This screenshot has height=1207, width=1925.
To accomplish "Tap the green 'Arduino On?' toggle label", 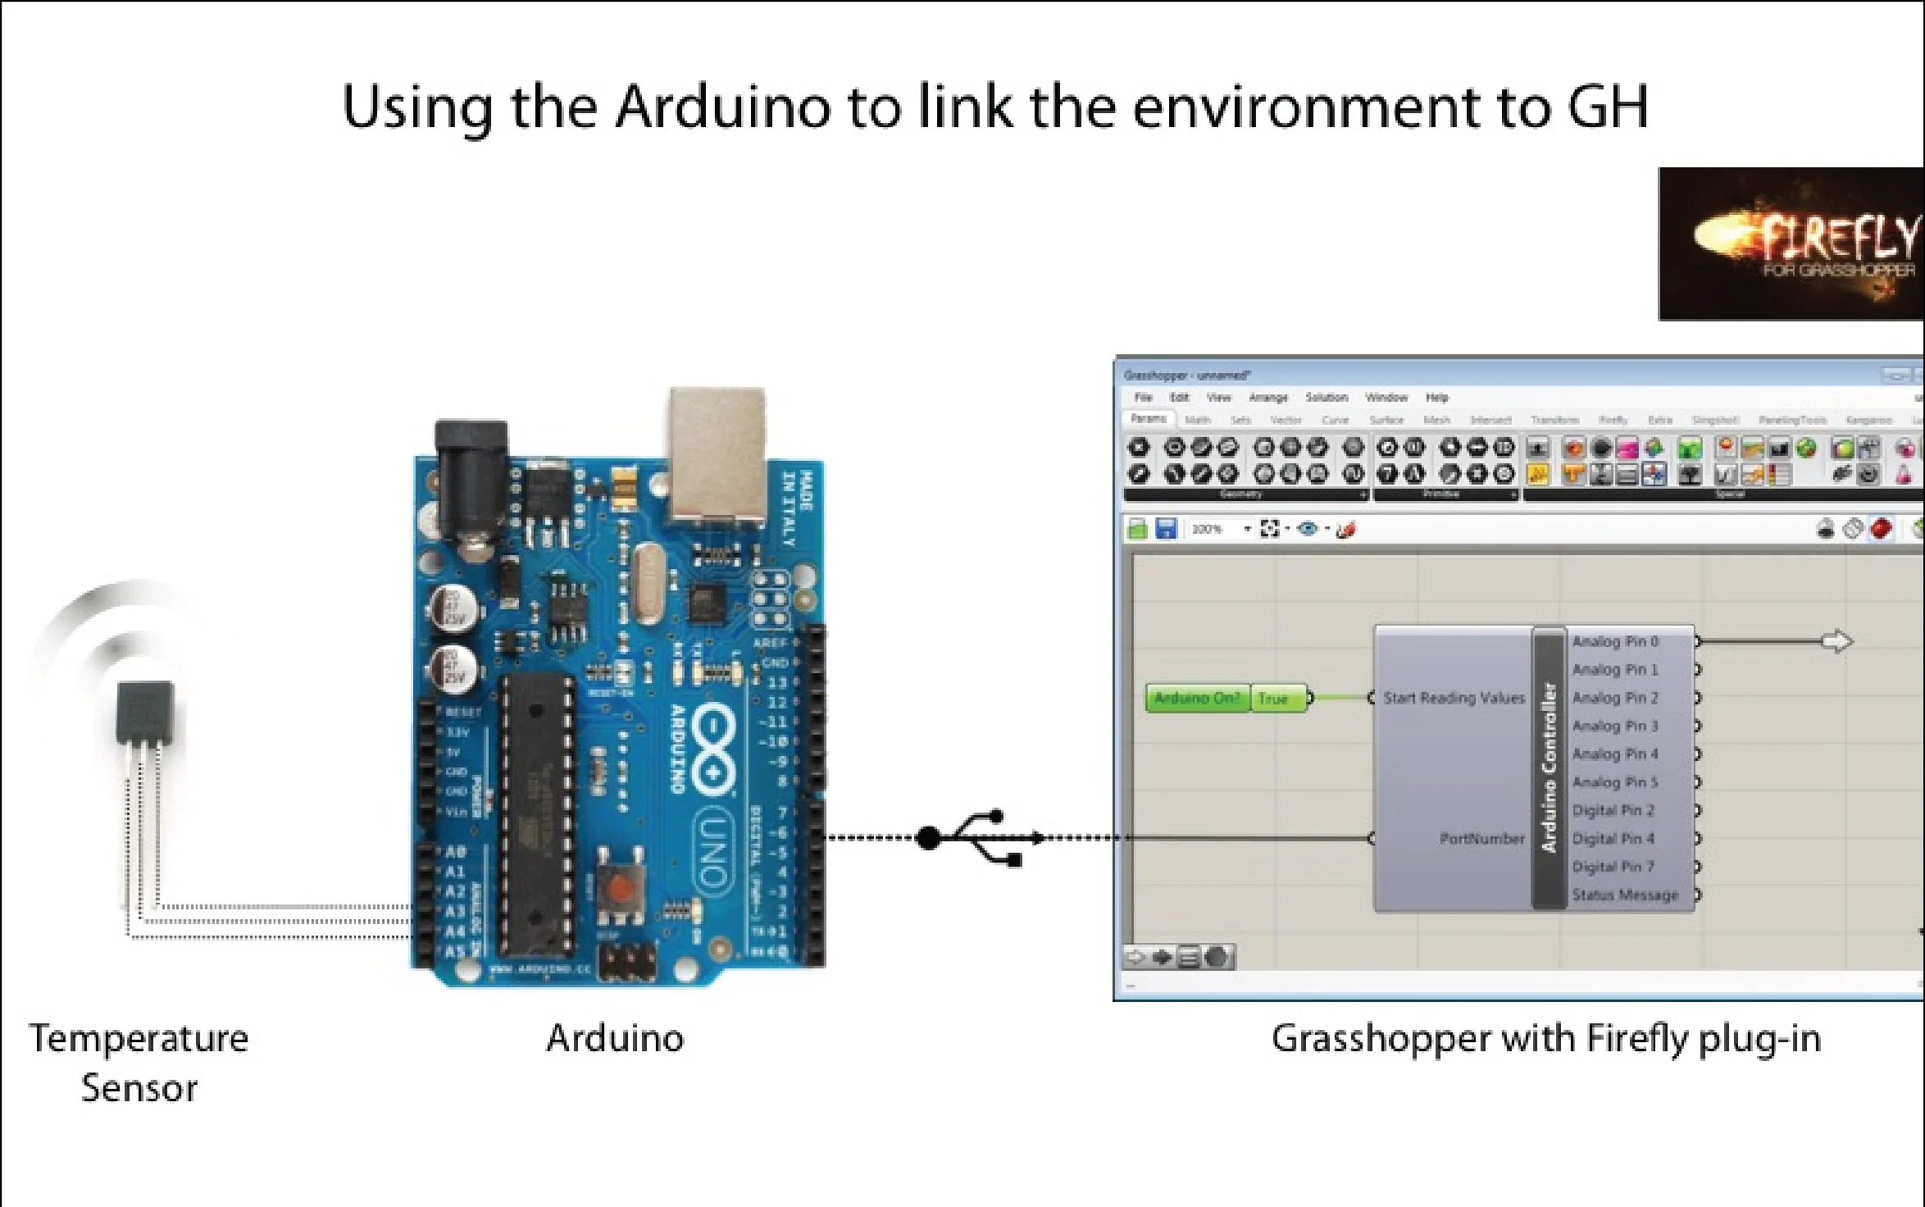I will [x=1196, y=699].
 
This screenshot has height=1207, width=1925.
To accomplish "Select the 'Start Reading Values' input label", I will [x=1454, y=698].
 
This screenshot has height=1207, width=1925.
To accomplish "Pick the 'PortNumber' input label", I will [x=1481, y=838].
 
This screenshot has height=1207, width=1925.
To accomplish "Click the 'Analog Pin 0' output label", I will [x=1614, y=641].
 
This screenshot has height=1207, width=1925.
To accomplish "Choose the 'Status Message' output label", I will [x=1624, y=895].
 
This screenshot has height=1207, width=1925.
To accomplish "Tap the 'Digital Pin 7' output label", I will [x=1613, y=867].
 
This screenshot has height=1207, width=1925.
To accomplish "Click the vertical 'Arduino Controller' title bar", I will [x=1548, y=767].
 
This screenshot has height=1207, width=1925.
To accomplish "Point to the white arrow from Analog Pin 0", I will [x=1836, y=641].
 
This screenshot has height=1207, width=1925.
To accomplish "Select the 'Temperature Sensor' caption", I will [x=139, y=1063].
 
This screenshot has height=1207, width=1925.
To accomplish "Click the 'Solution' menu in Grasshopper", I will [x=1326, y=398].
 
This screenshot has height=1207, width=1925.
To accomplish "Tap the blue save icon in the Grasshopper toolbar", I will [x=1165, y=529].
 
